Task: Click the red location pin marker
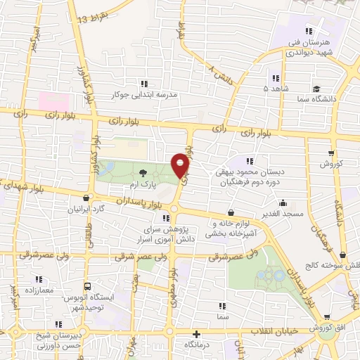coord(181,165)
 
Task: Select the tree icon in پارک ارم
coord(143,172)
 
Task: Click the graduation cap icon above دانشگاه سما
coord(318,90)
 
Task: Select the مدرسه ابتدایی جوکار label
coord(145,94)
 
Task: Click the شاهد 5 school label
coord(275,90)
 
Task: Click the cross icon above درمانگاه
coord(196,334)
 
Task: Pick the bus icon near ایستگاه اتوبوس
coord(86,287)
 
